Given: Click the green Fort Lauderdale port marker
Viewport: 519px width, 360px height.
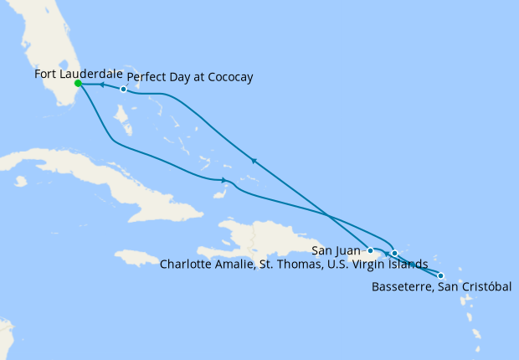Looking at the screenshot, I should (78, 84).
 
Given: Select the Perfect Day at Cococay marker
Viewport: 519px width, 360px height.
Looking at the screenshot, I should (123, 90).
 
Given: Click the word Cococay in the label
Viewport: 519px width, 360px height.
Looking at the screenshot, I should (227, 78).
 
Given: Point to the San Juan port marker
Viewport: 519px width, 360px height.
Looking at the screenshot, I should (370, 250).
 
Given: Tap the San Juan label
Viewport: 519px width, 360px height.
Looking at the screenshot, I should (337, 249).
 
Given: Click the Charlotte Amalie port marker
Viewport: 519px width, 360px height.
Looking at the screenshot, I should (394, 252).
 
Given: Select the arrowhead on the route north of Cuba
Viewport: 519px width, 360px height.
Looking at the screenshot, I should (223, 180).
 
